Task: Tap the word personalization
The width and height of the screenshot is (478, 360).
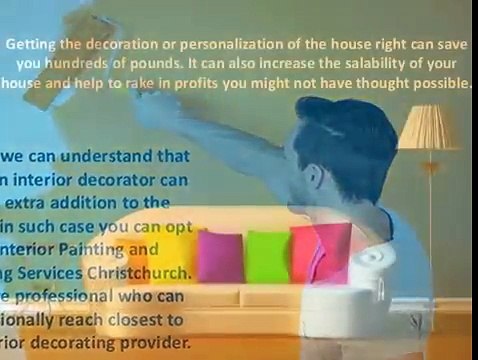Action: click(x=206, y=45)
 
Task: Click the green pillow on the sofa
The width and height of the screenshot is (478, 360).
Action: click(x=266, y=258)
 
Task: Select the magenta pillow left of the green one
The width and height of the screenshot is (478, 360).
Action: click(x=220, y=257)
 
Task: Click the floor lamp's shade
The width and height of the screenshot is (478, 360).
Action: click(x=426, y=128)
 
